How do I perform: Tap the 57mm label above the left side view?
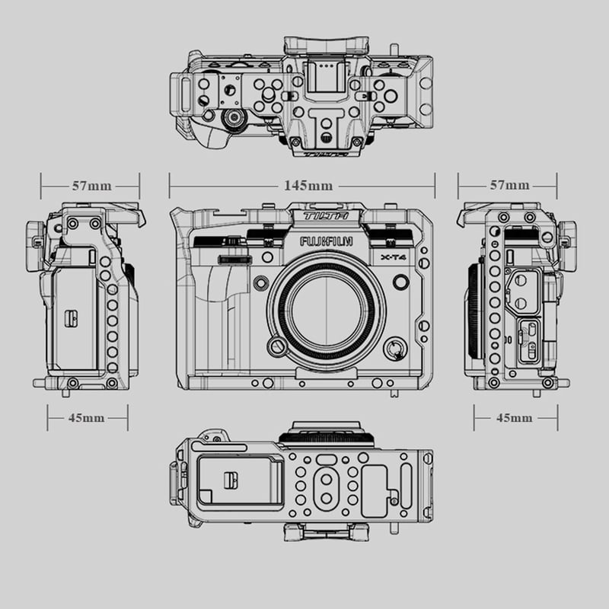(91, 186)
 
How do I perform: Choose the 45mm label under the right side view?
(515, 418)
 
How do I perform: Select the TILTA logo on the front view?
(326, 216)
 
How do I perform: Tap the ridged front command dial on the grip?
(234, 260)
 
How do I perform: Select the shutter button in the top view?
(234, 119)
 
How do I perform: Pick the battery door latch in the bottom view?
(231, 480)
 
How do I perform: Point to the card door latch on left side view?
(71, 318)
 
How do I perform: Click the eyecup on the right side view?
(568, 245)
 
